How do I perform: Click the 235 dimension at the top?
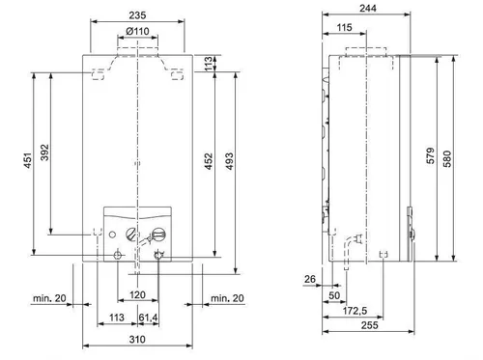[x=140, y=14]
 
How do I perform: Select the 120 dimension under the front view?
[x=138, y=293]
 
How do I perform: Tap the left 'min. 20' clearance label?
[x=49, y=297]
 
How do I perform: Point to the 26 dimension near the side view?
[x=309, y=281]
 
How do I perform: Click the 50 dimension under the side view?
[x=334, y=293]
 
